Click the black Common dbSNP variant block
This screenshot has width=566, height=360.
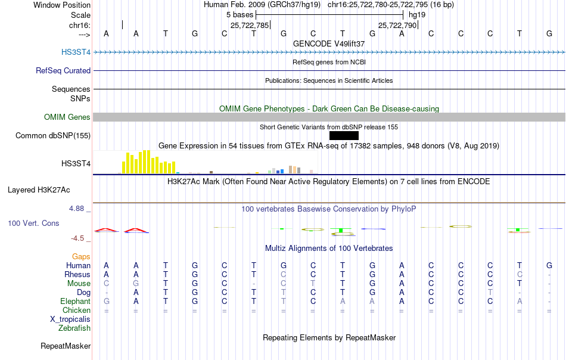[344, 135]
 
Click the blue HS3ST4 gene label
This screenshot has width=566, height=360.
[76, 52]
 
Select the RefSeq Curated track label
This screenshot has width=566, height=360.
[63, 70]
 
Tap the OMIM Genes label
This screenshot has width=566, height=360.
[67, 117]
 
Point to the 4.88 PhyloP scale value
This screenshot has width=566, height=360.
[76, 209]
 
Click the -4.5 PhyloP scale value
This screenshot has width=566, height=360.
[77, 238]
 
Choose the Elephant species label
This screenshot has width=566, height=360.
[76, 301]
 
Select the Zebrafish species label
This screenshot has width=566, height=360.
[74, 328]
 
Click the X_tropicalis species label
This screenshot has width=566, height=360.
[70, 319]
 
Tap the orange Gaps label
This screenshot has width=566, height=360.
[81, 256]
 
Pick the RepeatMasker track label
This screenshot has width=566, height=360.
[66, 346]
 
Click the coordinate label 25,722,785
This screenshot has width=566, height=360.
[250, 25]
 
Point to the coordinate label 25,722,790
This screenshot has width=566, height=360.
[397, 25]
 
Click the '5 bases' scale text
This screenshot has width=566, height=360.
[240, 15]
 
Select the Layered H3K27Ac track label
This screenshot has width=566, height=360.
[39, 190]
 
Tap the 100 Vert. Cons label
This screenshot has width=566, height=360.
[33, 223]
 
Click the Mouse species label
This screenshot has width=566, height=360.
[79, 284]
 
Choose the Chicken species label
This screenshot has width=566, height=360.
[76, 310]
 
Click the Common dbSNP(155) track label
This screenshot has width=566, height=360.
[53, 136]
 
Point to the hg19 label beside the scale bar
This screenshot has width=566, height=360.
[417, 15]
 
